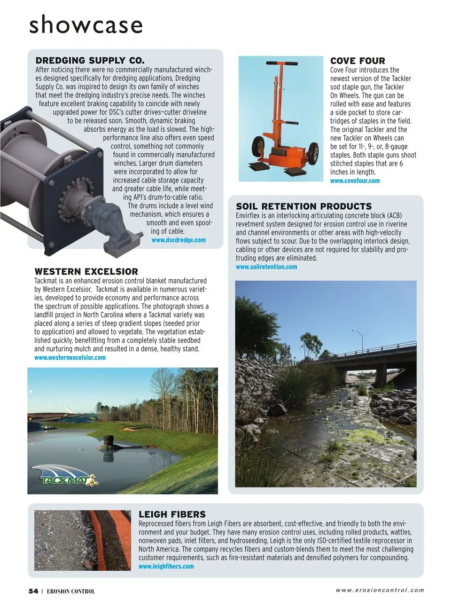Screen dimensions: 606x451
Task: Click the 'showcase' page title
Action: coord(86,24)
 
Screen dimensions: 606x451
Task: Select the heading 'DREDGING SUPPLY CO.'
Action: coord(90,61)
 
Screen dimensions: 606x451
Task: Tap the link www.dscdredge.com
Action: coord(179,240)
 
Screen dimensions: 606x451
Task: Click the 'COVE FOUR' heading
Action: coord(358,61)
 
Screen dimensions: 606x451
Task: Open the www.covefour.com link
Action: coord(355,181)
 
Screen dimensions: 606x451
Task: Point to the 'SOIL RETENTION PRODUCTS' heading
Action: coord(303,206)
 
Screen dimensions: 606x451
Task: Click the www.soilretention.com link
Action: coord(266,267)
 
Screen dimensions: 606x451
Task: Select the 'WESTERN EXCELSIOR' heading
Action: coord(86,272)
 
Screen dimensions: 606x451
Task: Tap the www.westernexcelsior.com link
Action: coord(70,358)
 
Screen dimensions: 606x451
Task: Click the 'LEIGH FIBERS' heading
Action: coord(172,514)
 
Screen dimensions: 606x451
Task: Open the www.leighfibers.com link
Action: coord(166,567)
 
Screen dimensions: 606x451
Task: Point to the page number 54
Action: coord(33,591)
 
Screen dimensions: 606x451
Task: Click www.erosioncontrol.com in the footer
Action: coord(380,590)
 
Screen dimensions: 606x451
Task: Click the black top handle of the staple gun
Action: coord(281,63)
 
